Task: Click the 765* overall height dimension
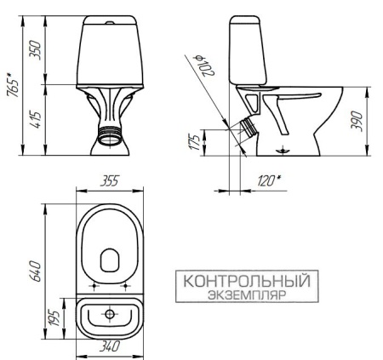[x=11, y=82]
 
